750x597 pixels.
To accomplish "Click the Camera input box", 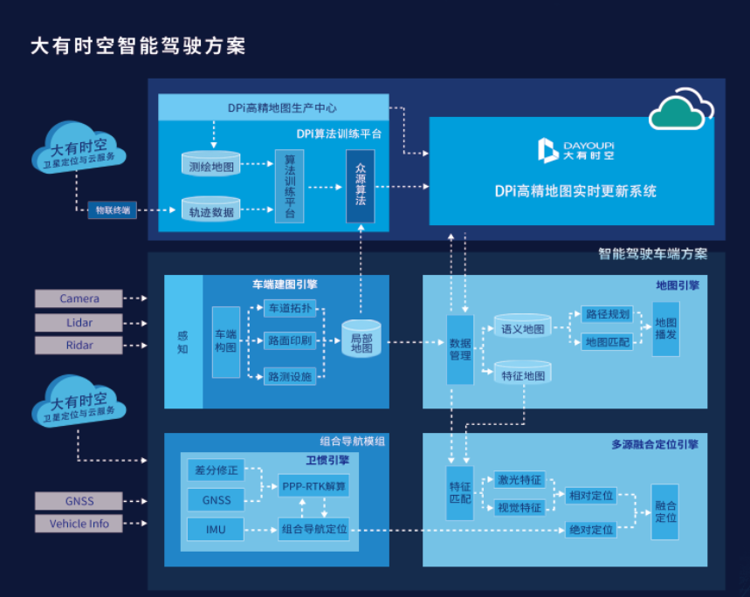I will (x=79, y=298).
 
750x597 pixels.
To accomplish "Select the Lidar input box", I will (x=79, y=322).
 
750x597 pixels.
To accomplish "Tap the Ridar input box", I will (x=79, y=345).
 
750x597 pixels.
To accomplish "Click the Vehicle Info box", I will (x=79, y=524).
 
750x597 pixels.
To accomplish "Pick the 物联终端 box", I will (x=113, y=209).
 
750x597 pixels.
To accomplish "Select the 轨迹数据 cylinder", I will (x=210, y=209).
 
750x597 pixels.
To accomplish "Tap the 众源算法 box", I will (x=360, y=186).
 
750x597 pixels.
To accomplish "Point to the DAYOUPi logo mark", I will (x=547, y=149).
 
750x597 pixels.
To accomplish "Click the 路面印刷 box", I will (x=290, y=341).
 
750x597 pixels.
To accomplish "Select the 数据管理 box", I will (x=460, y=349).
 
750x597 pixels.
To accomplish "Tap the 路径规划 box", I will (x=607, y=315).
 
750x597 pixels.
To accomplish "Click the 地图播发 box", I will (x=665, y=329).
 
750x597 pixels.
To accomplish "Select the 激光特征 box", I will (x=519, y=480).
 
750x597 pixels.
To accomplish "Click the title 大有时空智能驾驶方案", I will (x=138, y=45).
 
